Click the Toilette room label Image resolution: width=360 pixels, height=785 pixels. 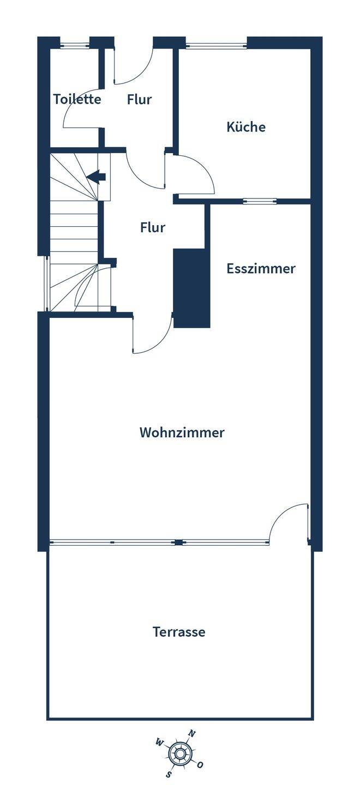[x=77, y=99]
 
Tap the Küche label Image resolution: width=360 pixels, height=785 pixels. [x=246, y=126]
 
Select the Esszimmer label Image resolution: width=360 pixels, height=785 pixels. [x=261, y=268]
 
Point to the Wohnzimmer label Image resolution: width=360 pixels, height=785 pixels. [x=182, y=432]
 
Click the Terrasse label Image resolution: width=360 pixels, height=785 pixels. [x=179, y=632]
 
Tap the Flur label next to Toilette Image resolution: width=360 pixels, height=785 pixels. [x=139, y=100]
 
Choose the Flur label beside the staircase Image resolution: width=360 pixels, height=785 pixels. [x=153, y=227]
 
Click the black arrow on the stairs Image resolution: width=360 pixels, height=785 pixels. [x=97, y=177]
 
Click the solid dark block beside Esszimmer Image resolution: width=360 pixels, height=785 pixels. [x=192, y=288]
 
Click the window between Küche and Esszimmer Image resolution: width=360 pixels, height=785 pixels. [x=260, y=201]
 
